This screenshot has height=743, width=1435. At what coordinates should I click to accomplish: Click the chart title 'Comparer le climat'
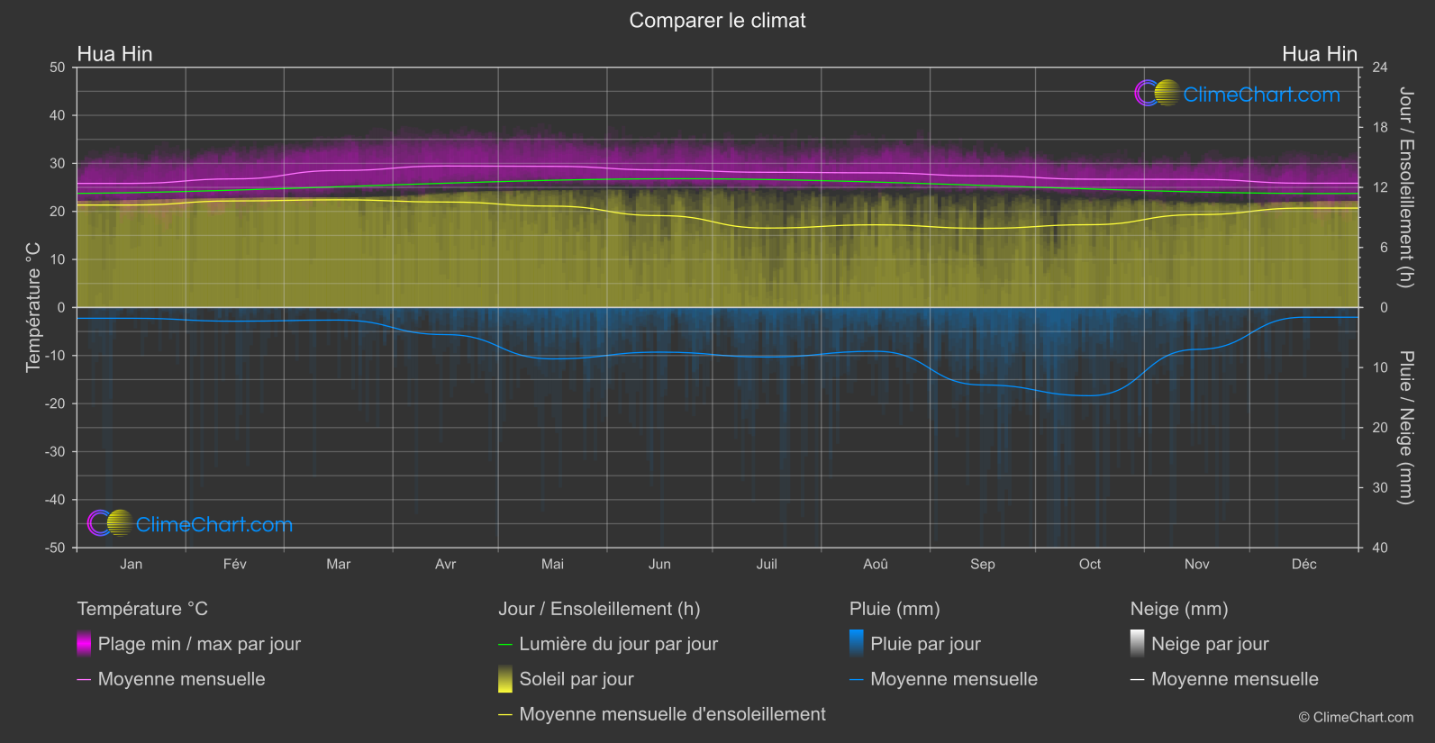coord(717,21)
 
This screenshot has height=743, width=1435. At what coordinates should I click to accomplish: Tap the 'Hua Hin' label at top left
coord(114,54)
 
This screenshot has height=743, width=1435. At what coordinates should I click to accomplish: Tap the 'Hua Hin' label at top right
coord(1319,54)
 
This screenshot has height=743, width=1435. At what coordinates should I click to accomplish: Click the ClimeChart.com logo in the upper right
coord(1238,94)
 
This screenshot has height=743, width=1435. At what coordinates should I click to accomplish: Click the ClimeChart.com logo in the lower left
coord(190,523)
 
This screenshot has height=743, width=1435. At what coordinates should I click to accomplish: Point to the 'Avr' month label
coord(445,564)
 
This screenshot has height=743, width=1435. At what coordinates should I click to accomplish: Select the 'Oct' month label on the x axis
coord(1089,564)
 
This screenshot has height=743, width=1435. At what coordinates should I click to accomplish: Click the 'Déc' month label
coord(1303,564)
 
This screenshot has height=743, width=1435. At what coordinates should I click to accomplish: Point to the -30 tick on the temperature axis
coord(56,452)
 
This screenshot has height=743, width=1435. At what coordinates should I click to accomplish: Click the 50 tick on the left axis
coord(58,68)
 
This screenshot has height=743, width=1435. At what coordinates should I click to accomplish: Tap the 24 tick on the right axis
coord(1379,68)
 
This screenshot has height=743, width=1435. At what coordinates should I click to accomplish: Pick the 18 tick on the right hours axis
coord(1379,128)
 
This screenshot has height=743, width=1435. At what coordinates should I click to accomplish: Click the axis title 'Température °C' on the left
coord(33,307)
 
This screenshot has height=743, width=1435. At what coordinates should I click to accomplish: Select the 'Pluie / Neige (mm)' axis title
coord(1405,428)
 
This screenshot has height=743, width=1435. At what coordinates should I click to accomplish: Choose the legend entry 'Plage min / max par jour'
coord(199,644)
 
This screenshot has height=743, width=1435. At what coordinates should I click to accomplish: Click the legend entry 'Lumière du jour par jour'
coord(618,644)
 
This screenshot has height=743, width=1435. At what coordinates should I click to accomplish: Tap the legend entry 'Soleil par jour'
coord(577,679)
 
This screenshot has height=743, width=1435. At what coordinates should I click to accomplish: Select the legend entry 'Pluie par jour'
coord(925,644)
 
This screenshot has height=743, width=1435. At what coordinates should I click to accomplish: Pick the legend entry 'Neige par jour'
coord(1210,644)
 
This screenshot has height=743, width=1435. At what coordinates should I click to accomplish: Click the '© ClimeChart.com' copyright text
coord(1356,718)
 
